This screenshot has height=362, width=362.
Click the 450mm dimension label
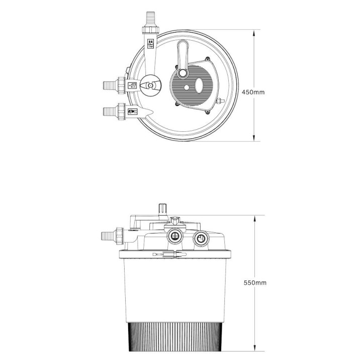point(253,92)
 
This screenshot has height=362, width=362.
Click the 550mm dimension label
point(254,283)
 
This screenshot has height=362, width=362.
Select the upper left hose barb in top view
point(108,85)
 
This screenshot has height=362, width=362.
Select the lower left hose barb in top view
point(108,110)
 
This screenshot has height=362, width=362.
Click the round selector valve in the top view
point(150,86)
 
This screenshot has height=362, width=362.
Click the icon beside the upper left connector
point(132,86)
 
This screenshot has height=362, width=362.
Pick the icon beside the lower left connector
point(132,112)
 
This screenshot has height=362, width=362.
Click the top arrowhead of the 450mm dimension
point(254,32)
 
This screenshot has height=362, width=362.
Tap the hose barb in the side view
point(106,234)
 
